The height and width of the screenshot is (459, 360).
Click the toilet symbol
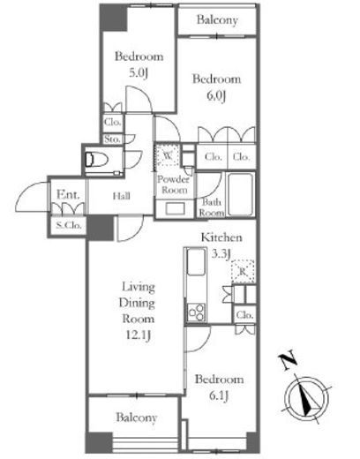click(96, 160)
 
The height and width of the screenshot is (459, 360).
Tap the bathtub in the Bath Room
click(241, 194)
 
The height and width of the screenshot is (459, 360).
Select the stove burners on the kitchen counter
click(196, 312)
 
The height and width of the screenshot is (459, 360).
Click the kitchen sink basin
click(196, 261)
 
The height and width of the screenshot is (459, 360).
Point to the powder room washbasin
click(175, 208)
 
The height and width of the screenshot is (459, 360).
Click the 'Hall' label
click(122, 196)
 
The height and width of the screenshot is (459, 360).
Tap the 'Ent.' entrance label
click(68, 194)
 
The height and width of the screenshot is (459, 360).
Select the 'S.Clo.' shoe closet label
click(69, 225)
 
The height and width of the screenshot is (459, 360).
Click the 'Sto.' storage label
click(112, 139)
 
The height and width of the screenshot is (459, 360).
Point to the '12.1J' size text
click(139, 335)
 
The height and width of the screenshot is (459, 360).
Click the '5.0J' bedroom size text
click(139, 72)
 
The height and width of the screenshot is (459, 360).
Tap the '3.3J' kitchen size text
click(221, 253)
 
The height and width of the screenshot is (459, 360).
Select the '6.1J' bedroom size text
click(219, 396)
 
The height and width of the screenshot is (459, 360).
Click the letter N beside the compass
click(288, 359)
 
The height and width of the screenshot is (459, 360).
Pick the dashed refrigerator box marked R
click(243, 271)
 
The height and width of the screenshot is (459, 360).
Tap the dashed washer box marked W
click(168, 155)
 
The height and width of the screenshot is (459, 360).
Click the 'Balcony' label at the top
click(217, 20)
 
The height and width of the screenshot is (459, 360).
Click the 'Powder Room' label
click(173, 184)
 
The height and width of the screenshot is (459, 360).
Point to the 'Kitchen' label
click(221, 237)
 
